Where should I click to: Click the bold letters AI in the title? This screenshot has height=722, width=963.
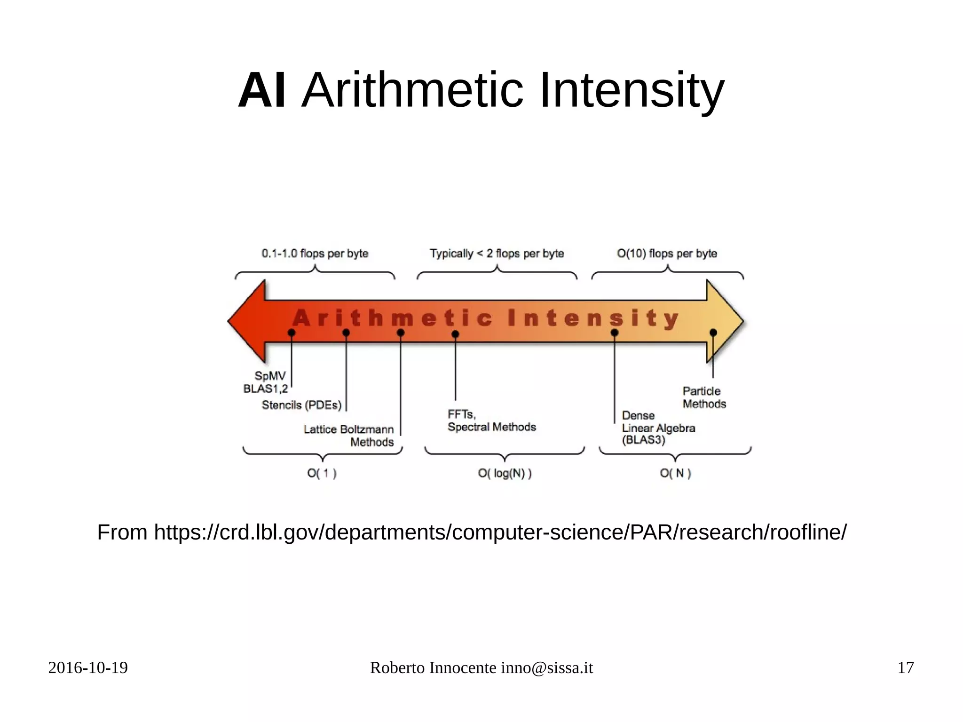[x=261, y=90]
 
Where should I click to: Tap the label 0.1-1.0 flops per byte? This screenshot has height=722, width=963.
[x=315, y=254]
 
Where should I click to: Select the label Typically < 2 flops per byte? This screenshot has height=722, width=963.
[x=497, y=254]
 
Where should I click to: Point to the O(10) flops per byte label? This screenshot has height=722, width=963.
[x=667, y=254]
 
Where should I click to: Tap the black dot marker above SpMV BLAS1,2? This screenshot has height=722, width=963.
[x=292, y=333]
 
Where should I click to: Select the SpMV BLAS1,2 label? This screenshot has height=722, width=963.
[x=266, y=382]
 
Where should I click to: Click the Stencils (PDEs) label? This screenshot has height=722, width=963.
[x=301, y=405]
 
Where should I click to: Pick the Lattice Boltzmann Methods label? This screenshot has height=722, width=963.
[x=349, y=436]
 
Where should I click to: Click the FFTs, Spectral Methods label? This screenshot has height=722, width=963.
[x=491, y=421]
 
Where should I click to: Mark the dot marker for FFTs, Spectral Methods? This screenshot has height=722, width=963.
[x=455, y=334]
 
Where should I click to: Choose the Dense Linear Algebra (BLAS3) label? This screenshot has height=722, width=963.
[x=658, y=428]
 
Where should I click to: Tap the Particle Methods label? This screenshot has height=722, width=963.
[x=704, y=397]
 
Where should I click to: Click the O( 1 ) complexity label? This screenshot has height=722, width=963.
[x=322, y=473]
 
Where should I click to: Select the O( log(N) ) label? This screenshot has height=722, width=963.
[x=505, y=473]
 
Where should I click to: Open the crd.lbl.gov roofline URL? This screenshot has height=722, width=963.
[x=500, y=532]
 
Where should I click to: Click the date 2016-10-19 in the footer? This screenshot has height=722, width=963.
[x=88, y=668]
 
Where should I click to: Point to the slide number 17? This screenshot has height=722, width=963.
[x=905, y=668]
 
